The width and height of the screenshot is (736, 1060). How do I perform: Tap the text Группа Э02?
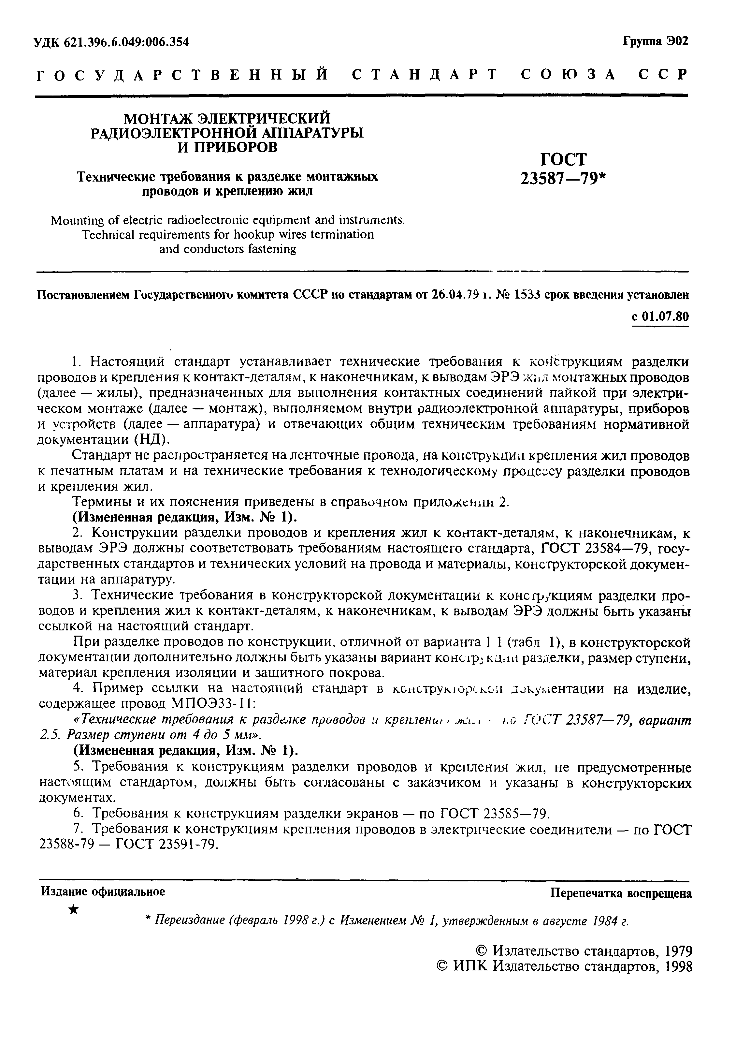(x=655, y=41)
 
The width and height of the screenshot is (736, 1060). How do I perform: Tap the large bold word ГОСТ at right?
(x=563, y=159)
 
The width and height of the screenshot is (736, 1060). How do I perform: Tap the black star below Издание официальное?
(x=73, y=909)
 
